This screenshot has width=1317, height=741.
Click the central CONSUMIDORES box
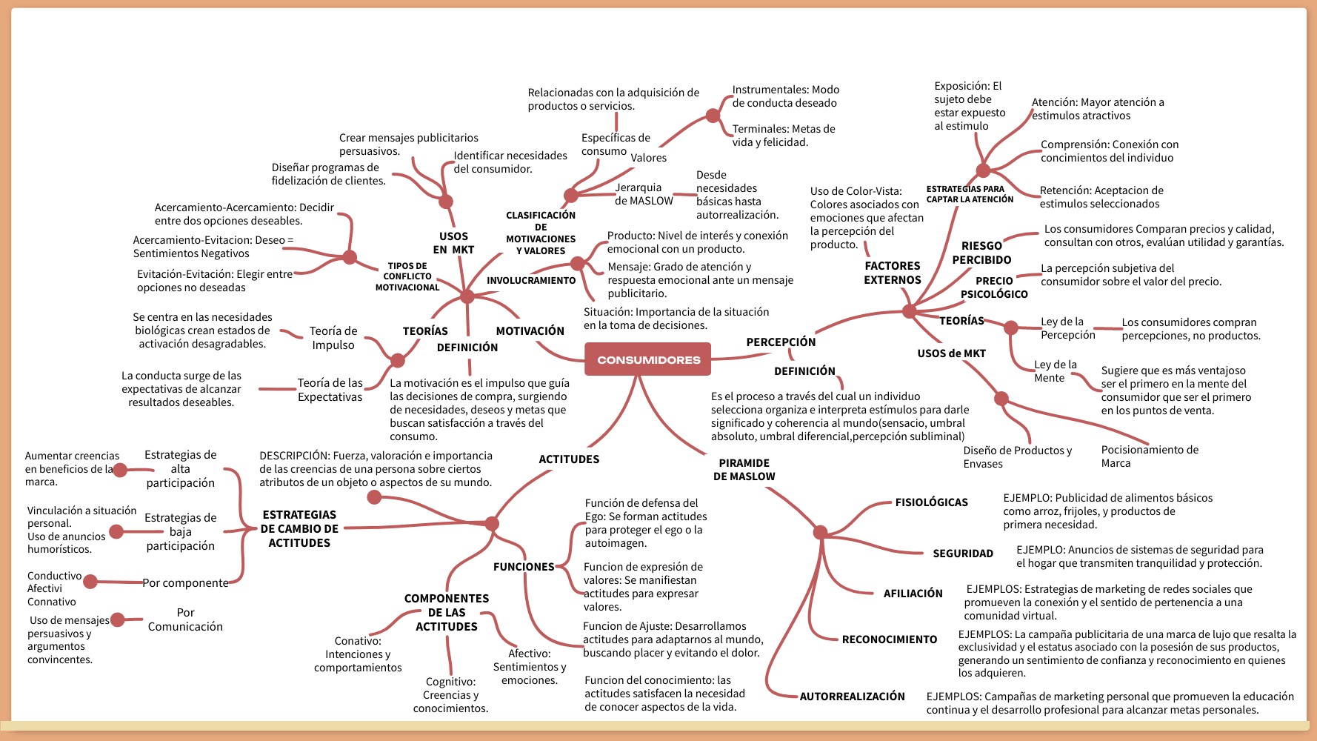tap(648, 359)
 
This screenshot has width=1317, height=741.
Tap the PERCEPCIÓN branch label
tap(781, 342)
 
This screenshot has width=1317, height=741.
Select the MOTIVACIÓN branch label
tap(530, 331)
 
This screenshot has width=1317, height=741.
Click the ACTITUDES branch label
tap(569, 459)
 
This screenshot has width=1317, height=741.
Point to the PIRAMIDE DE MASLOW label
tap(744, 470)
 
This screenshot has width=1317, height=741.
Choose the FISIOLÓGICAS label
tap(931, 502)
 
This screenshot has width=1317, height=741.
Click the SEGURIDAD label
tap(962, 554)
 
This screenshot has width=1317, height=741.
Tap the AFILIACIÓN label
tap(913, 594)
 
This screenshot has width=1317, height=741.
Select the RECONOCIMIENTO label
tap(889, 639)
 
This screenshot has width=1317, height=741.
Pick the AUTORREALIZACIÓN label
tap(852, 697)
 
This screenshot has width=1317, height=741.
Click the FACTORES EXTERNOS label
tap(892, 273)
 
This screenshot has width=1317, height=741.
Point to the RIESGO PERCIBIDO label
tap(981, 253)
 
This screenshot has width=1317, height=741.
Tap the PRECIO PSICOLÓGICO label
tap(994, 288)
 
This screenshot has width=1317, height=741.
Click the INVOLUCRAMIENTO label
tap(530, 281)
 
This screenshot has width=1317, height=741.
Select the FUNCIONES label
tap(523, 567)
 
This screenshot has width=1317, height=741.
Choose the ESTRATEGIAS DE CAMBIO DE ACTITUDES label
tap(299, 529)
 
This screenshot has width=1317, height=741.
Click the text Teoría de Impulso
tap(333, 338)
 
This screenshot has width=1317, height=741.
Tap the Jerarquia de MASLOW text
tap(643, 194)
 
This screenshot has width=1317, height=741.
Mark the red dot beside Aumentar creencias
tap(120, 470)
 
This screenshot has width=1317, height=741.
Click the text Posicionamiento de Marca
tap(1149, 456)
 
